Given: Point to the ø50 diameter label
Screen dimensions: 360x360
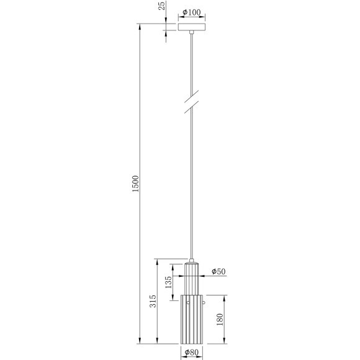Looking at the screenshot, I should pos(218,272).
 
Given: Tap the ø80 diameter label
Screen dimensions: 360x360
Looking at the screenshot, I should pos(191,352).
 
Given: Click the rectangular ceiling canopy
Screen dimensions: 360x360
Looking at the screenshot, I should pos(193,27).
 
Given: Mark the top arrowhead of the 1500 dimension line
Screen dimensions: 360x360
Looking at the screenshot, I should pos(142,26).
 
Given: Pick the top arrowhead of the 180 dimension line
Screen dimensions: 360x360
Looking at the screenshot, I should pos(224,295).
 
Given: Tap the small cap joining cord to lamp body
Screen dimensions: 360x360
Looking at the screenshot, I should pos(192,260).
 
